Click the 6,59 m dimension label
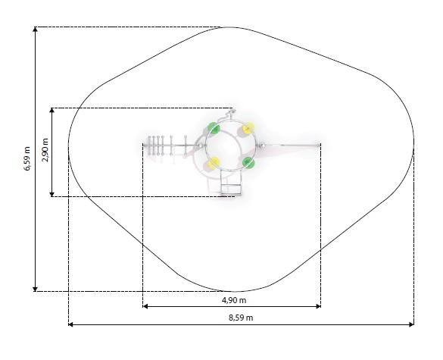pos(27,158)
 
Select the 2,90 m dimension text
pos(45,150)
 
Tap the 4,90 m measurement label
pos(234,300)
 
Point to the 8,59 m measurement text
pos(241,318)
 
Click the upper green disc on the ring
pos(214,128)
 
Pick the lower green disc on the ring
pos(248,163)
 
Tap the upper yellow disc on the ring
pos(249,127)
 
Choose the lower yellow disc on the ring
pos(214,163)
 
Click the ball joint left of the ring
pos(200,146)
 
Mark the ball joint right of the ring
pos(262,146)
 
